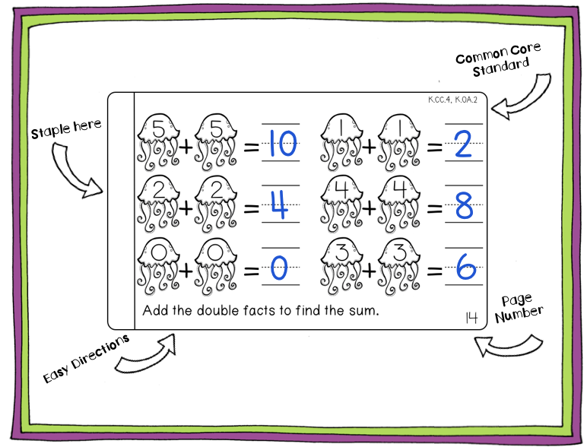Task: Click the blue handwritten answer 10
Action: point(281,144)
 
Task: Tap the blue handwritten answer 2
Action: point(463,144)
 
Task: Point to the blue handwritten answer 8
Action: point(464,206)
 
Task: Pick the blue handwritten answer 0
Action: point(280,268)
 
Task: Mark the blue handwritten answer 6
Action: point(464,268)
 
